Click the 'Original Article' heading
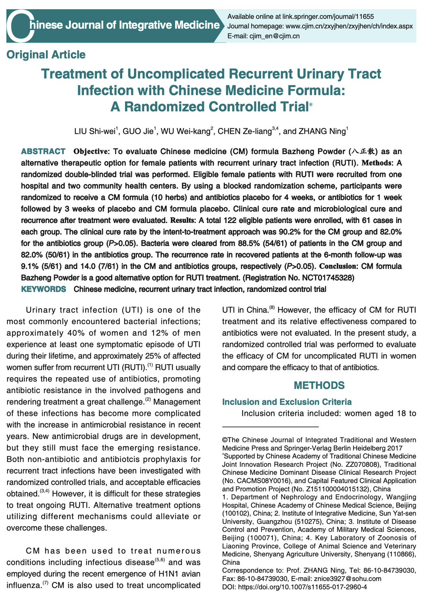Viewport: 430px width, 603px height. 46,55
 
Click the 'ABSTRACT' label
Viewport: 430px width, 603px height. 43,151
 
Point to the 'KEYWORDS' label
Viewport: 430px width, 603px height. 43,289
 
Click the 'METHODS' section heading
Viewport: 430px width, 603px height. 319,385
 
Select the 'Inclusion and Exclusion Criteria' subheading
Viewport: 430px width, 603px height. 287,402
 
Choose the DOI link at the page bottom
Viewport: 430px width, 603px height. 302,587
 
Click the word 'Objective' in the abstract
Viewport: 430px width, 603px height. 91,151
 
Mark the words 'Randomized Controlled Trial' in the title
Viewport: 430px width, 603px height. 216,107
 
